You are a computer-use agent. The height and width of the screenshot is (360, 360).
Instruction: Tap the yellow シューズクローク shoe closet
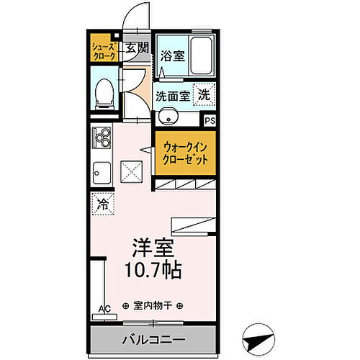pyautogui.click(x=103, y=51)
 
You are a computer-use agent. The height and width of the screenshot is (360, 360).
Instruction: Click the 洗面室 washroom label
pyautogui.click(x=174, y=94)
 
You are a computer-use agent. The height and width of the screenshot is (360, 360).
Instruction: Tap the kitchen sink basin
pyautogui.click(x=101, y=174)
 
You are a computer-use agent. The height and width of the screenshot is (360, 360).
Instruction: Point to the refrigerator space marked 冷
pyautogui.click(x=102, y=204)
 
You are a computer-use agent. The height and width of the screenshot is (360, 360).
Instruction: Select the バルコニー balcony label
pyautogui.click(x=151, y=338)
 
